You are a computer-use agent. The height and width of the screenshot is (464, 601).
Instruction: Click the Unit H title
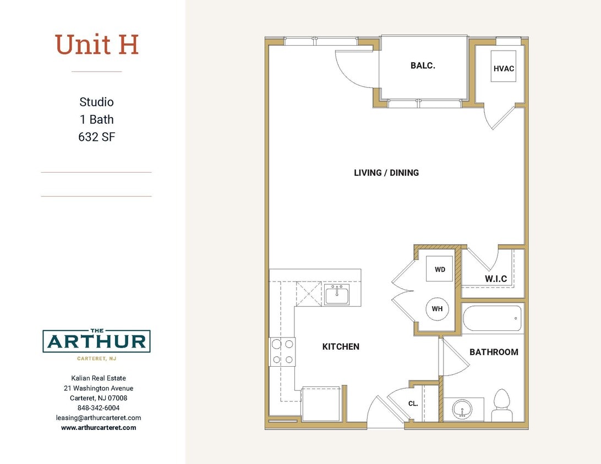[x=96, y=45]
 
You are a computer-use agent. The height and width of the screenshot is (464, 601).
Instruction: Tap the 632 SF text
[x=96, y=137]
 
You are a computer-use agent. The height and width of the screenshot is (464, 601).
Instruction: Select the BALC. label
[x=423, y=65]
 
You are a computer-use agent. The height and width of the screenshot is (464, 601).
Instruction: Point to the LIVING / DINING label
[x=386, y=173]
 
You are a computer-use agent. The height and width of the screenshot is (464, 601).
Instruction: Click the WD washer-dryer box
[x=440, y=269]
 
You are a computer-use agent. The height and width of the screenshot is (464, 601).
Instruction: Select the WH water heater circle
[x=437, y=309]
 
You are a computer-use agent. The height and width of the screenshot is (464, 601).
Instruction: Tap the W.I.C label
[x=496, y=279]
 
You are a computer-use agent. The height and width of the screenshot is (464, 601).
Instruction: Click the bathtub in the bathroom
[x=492, y=318]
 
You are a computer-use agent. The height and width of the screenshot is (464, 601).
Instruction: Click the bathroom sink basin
[x=462, y=409]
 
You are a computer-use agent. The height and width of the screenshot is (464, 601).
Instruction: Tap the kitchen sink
[x=336, y=295]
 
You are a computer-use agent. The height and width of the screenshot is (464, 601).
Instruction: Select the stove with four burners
[x=282, y=352]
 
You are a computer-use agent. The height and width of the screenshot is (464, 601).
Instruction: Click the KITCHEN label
[x=341, y=346]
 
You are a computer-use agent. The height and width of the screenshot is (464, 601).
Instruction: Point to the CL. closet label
[x=413, y=404]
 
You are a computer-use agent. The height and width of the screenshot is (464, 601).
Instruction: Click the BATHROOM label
[x=494, y=352]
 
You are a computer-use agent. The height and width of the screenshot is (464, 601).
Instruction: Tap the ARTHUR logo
[x=96, y=342]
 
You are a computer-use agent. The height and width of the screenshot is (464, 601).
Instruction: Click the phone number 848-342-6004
[x=99, y=408]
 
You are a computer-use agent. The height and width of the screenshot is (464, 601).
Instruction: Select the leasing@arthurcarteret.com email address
[x=99, y=418]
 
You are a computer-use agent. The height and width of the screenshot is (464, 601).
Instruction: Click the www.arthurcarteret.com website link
[x=99, y=428]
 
